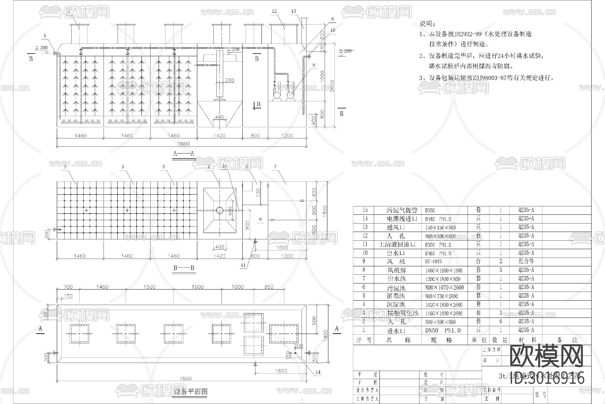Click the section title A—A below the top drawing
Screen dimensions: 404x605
(x=184, y=154)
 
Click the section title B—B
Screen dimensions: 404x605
(x=184, y=268)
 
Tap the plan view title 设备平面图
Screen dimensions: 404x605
(x=191, y=392)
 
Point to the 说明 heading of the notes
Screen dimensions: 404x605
(x=428, y=24)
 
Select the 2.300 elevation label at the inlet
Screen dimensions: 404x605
(x=41, y=48)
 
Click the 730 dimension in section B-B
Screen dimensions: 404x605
(x=258, y=193)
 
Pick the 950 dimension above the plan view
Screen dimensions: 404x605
(x=269, y=287)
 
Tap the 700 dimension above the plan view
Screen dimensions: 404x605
(x=68, y=287)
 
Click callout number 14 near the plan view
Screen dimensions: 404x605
(x=318, y=372)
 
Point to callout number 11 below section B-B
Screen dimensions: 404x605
(x=243, y=265)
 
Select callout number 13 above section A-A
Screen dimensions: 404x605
(x=293, y=11)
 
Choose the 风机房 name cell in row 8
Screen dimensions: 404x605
(x=397, y=270)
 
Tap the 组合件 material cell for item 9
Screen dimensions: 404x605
(x=526, y=261)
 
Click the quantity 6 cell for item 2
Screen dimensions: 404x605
(x=500, y=322)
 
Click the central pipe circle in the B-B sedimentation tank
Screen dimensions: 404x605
(x=219, y=210)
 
